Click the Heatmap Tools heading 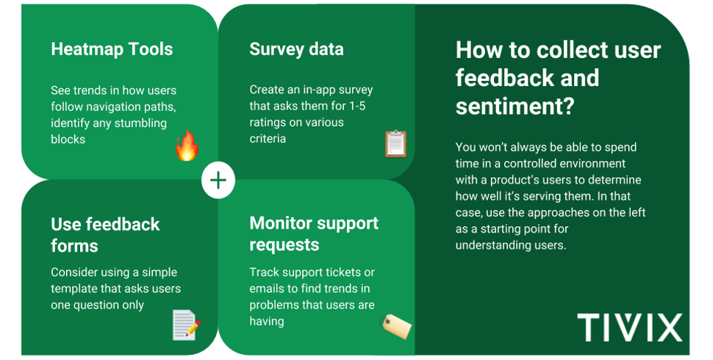click(x=112, y=50)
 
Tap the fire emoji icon click(x=187, y=145)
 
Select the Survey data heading click(x=296, y=50)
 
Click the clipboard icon click(x=395, y=144)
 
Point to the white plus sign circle click(x=218, y=181)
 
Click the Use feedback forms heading click(x=105, y=234)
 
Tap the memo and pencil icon click(x=185, y=325)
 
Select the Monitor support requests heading click(x=314, y=234)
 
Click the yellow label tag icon click(x=395, y=325)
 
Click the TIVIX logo click(x=629, y=327)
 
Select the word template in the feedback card click(x=76, y=289)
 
